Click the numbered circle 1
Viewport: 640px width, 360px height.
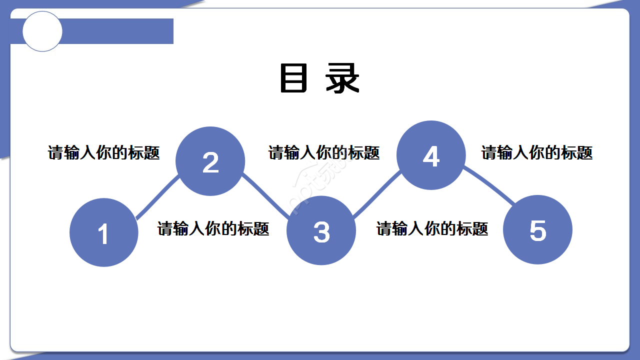pyautogui.click(x=104, y=232)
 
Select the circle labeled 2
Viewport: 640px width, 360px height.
pyautogui.click(x=210, y=161)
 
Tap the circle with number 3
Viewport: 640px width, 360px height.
pyautogui.click(x=321, y=230)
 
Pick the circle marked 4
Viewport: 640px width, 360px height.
pyautogui.click(x=431, y=155)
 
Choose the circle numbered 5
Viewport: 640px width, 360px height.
pyautogui.click(x=537, y=229)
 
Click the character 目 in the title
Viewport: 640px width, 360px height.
pyautogui.click(x=293, y=78)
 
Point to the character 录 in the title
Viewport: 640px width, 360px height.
pyautogui.click(x=342, y=78)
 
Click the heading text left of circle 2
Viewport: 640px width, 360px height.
pyautogui.click(x=104, y=152)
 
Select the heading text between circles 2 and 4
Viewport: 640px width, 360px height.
pyautogui.click(x=324, y=152)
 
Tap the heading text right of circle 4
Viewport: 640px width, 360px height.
pyautogui.click(x=537, y=152)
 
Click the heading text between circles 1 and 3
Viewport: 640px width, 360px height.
pyautogui.click(x=213, y=228)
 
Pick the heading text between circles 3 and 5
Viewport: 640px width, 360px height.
pyautogui.click(x=432, y=228)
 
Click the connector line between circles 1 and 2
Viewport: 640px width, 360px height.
pyautogui.click(x=156, y=198)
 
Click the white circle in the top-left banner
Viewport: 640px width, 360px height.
pyautogui.click(x=42, y=31)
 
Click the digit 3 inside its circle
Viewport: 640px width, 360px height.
pyautogui.click(x=321, y=232)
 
